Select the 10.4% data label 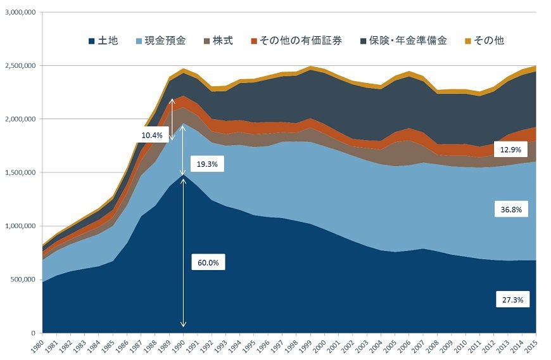click(152, 135)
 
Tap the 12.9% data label click(509, 150)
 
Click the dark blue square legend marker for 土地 click(92, 41)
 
